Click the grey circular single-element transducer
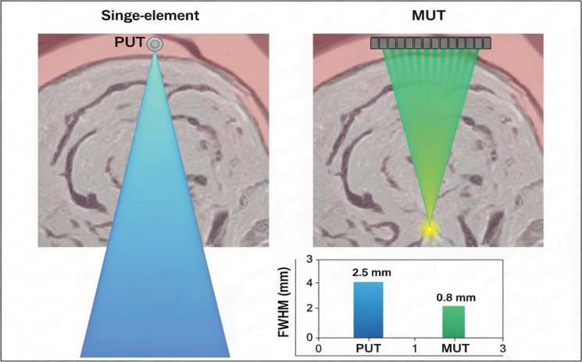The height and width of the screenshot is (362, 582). pyautogui.click(x=155, y=45)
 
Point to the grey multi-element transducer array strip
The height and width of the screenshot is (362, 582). pyautogui.click(x=430, y=42)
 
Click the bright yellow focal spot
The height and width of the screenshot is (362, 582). pyautogui.click(x=428, y=229)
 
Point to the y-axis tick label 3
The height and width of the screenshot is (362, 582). pyautogui.click(x=309, y=259)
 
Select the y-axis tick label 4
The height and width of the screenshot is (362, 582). pyautogui.click(x=309, y=284)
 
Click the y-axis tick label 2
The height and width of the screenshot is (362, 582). pyautogui.click(x=309, y=309)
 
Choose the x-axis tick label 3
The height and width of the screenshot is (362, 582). pyautogui.click(x=503, y=346)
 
